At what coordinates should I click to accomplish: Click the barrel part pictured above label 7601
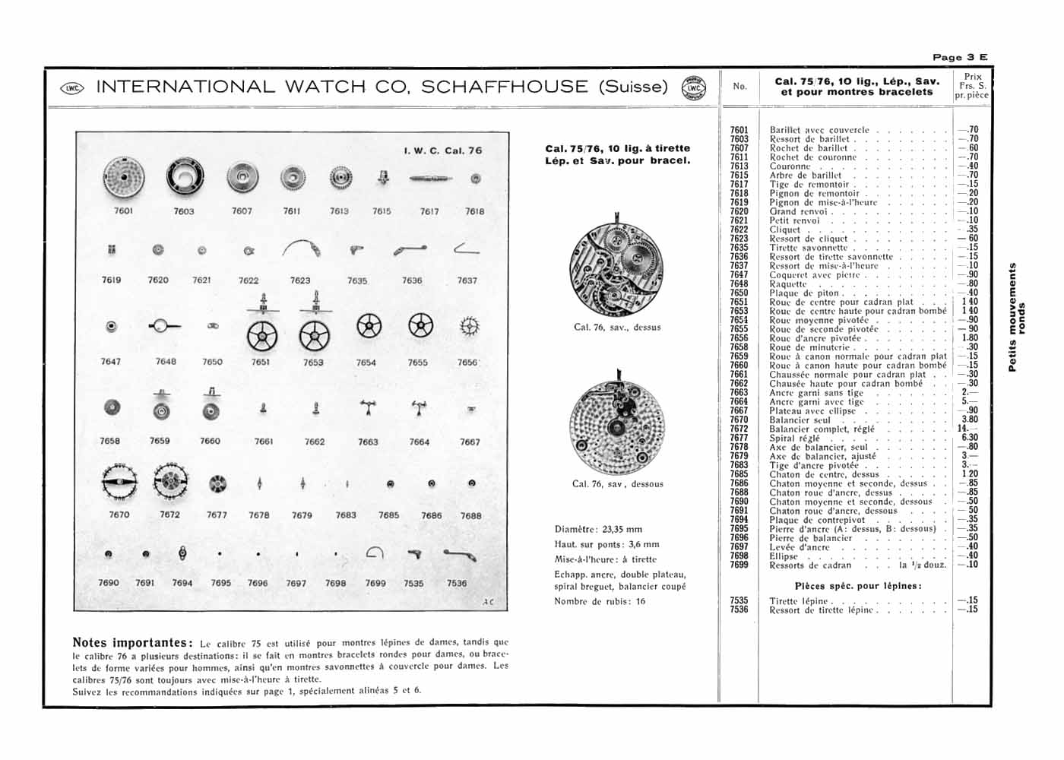[x=122, y=179]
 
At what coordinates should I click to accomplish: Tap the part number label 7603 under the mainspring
[x=184, y=211]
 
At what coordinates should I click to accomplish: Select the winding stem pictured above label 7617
[x=430, y=179]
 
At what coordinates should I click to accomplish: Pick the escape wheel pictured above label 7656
[x=469, y=327]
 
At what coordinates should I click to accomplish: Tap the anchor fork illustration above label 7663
[x=368, y=407]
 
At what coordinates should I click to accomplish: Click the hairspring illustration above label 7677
[x=217, y=483]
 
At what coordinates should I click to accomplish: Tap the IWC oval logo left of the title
[x=72, y=87]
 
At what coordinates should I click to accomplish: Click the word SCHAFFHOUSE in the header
[x=504, y=87]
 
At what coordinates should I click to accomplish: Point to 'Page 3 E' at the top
[x=960, y=57]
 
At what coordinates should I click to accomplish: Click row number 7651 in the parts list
[x=739, y=302]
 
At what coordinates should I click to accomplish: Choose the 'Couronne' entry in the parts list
[x=790, y=166]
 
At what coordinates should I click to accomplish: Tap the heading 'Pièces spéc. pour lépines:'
[x=858, y=586]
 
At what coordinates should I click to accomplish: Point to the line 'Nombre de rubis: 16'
[x=600, y=601]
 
